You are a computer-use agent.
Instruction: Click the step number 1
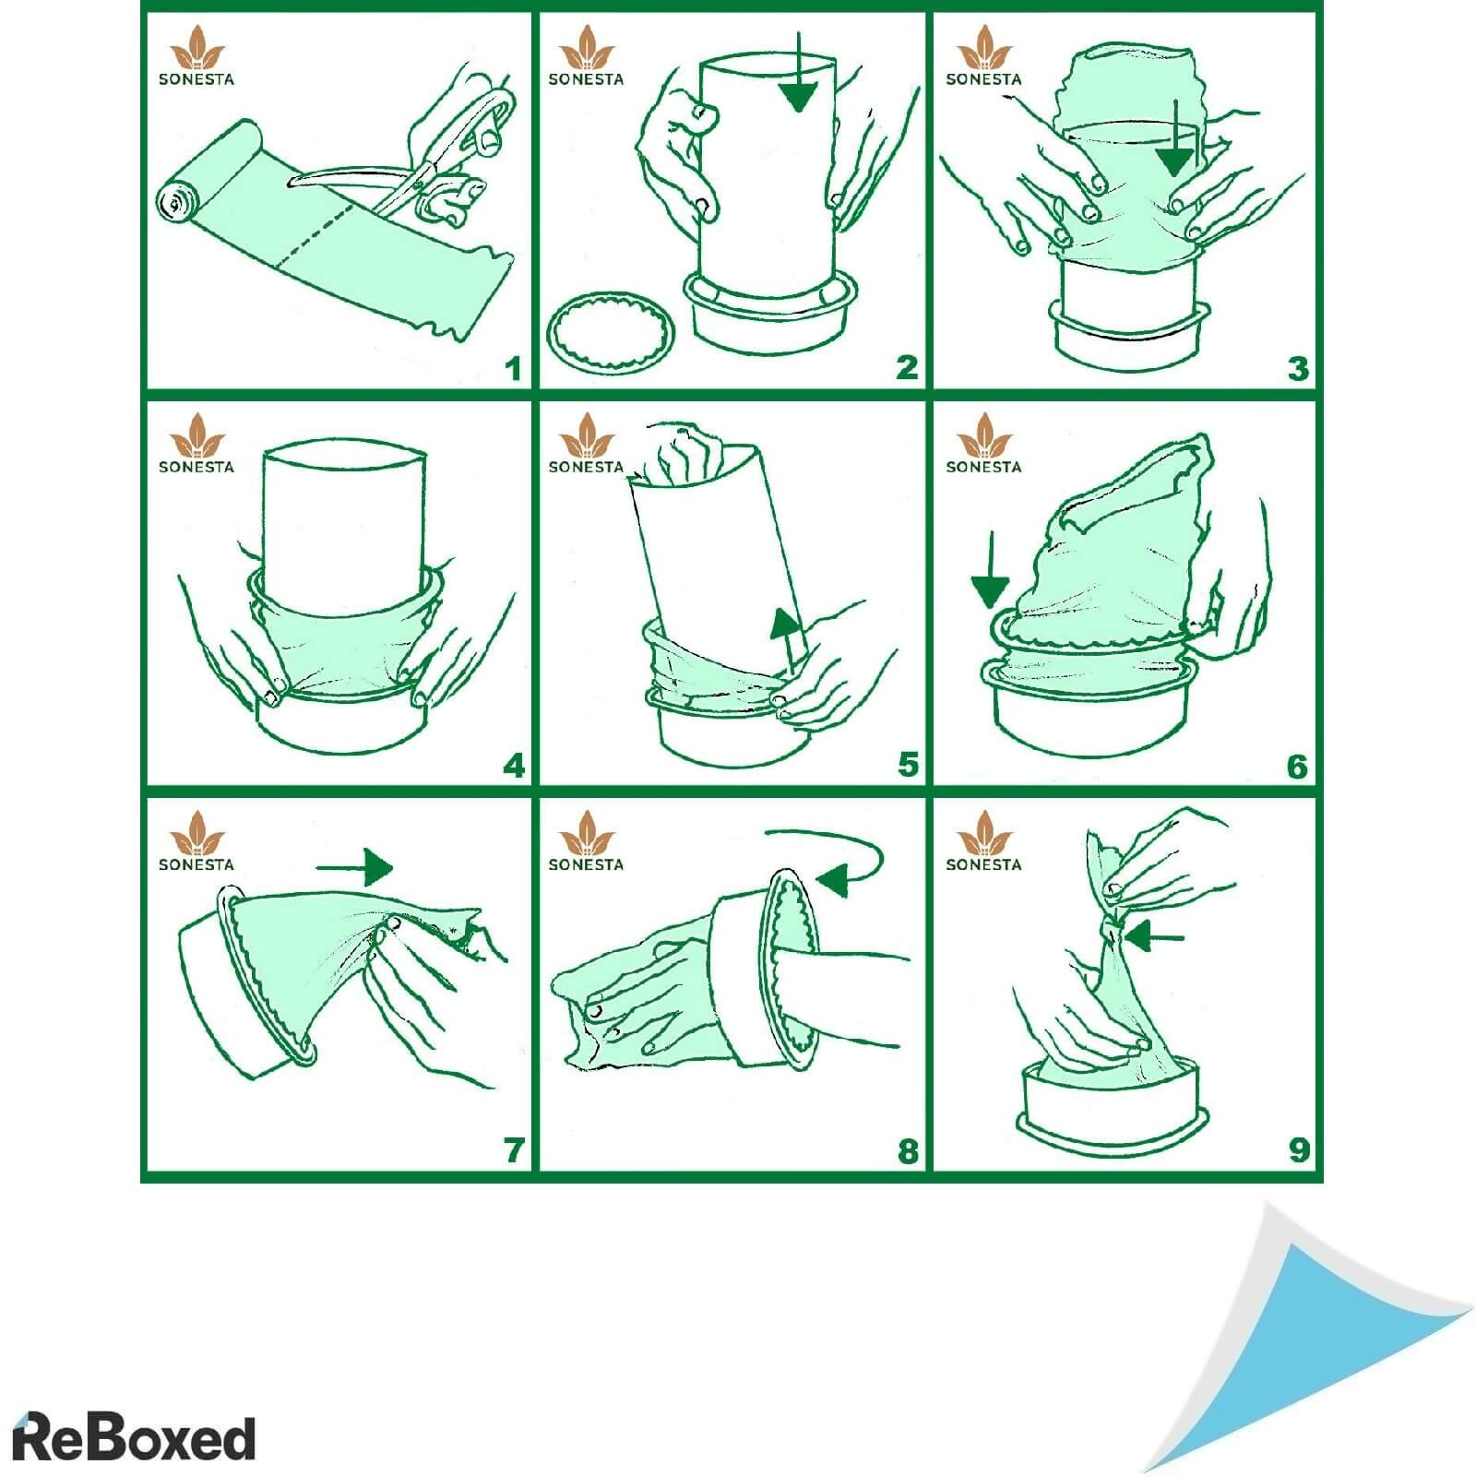(x=513, y=369)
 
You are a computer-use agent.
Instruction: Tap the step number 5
(x=908, y=765)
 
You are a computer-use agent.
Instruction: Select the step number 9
(x=1299, y=1150)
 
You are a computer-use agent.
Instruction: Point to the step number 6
(x=1297, y=766)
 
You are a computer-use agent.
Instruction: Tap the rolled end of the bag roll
(x=173, y=203)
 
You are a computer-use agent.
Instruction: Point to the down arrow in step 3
(x=1175, y=138)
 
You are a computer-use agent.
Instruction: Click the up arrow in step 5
(x=787, y=640)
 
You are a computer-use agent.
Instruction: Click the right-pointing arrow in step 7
(x=355, y=867)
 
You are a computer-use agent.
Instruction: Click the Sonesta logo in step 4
(x=196, y=444)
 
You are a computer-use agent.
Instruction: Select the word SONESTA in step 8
(x=586, y=864)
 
